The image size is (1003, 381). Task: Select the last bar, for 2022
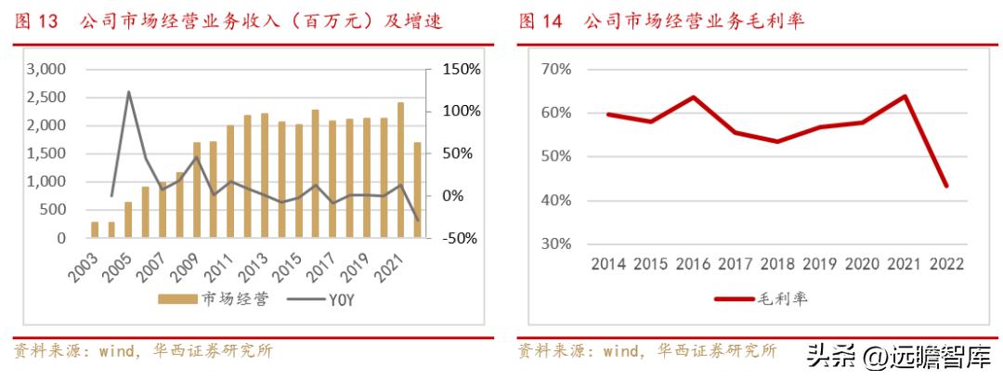click(417, 190)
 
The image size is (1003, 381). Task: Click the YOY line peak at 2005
click(128, 92)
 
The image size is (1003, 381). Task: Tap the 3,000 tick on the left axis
click(46, 69)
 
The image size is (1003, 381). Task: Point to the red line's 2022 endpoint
click(945, 186)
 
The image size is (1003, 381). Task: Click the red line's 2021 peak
click(904, 96)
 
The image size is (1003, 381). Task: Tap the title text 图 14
click(541, 20)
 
